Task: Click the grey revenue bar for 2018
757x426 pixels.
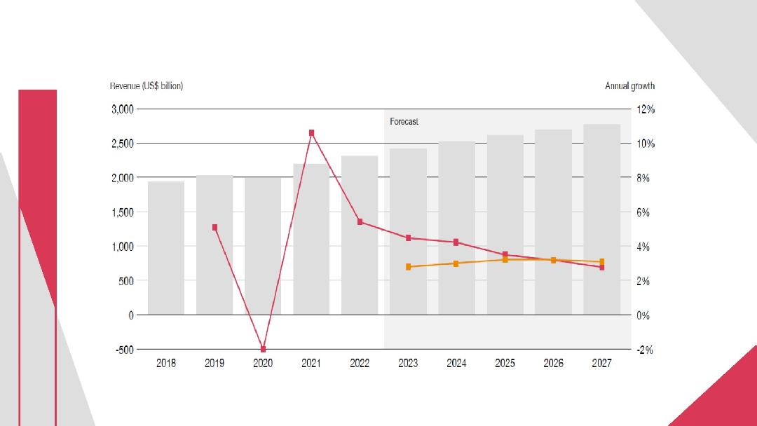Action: point(166,248)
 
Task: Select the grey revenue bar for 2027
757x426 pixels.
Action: point(601,219)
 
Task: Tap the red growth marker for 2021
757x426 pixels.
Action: point(311,133)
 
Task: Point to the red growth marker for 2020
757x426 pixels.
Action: point(263,349)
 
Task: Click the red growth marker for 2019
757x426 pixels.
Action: point(215,228)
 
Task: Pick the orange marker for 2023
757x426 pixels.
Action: point(409,267)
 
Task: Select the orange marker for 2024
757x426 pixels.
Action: point(456,263)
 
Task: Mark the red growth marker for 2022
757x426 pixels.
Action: point(360,222)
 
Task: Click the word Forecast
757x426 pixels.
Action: point(404,122)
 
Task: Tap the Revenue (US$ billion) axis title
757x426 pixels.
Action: point(146,86)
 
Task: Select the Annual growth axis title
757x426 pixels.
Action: point(630,86)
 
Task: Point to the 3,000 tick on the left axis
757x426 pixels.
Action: point(123,109)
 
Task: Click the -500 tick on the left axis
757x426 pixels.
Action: point(125,350)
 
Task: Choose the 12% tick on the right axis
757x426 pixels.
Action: point(646,109)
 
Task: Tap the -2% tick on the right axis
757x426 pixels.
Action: point(645,350)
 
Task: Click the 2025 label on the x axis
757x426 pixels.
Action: point(505,363)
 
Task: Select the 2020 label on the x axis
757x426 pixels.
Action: point(263,363)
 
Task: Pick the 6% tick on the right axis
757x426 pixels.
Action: point(643,212)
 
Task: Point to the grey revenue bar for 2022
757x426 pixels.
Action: point(360,235)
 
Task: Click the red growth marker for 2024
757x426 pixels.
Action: point(456,242)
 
